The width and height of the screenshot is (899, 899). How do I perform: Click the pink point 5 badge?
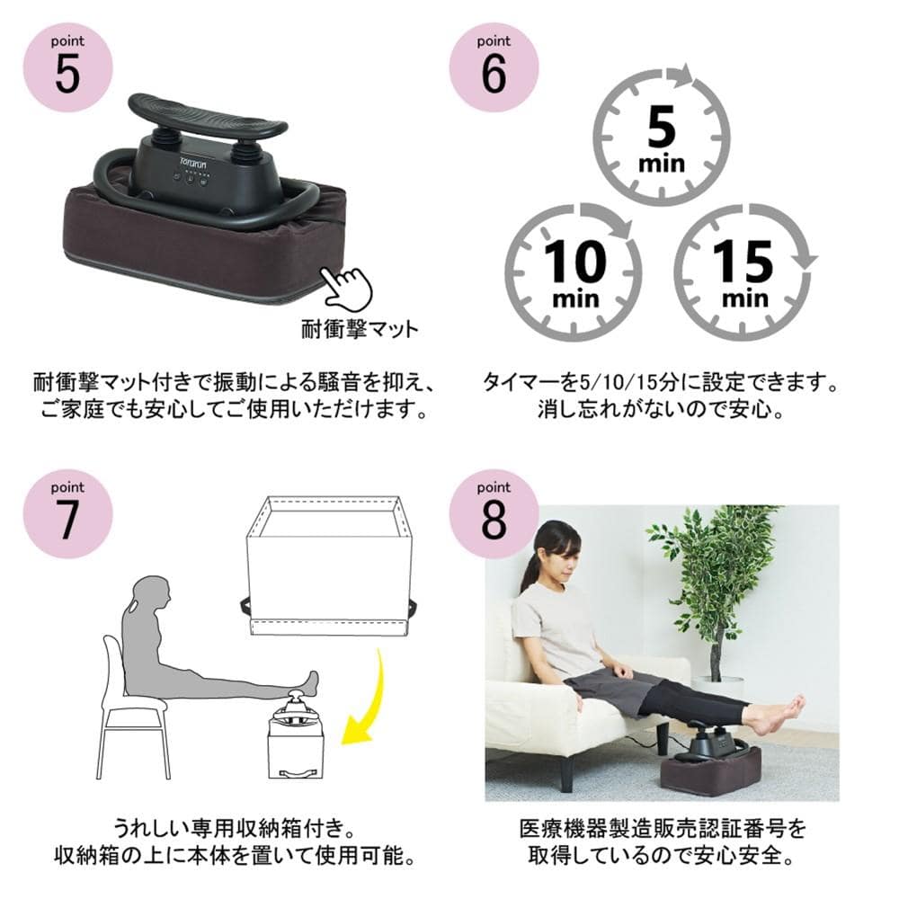pos(67,67)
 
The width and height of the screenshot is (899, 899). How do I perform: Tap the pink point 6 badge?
pos(494,67)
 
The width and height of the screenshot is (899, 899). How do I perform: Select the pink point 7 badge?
pos(67,513)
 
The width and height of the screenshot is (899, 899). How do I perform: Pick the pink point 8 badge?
pos(494,513)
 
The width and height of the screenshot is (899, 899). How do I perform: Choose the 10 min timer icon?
pos(574,271)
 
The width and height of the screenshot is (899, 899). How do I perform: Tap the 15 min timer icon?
pos(744,271)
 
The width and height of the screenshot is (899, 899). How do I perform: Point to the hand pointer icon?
pos(346,287)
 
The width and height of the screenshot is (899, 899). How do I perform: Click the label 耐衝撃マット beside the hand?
pos(360,329)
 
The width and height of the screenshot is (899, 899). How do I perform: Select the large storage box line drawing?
pos(330,565)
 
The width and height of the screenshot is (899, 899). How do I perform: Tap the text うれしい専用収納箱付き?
pos(235,828)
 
